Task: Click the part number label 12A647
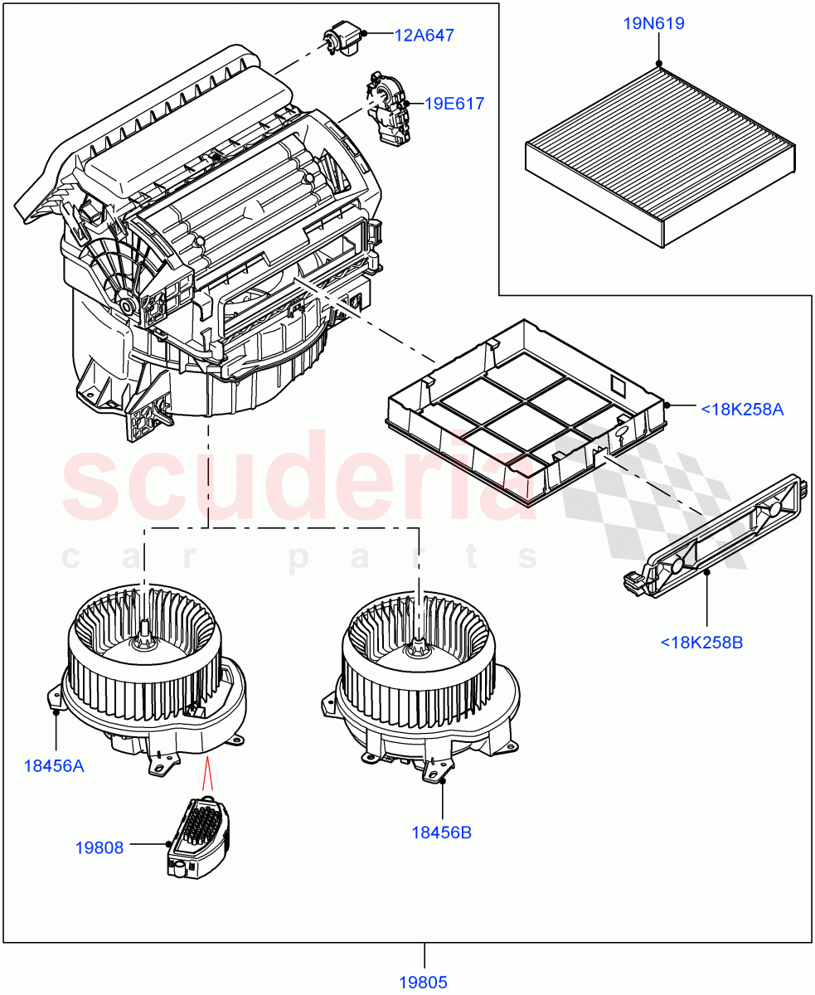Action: tap(424, 35)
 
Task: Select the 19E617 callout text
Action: tap(454, 104)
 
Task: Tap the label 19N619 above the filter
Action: tap(653, 23)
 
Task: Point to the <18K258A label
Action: tap(742, 408)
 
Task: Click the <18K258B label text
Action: tap(701, 641)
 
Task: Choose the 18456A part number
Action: tap(53, 765)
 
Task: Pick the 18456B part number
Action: tap(441, 832)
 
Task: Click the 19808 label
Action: tap(99, 847)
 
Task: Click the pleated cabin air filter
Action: tap(660, 155)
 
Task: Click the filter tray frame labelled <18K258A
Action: tap(526, 410)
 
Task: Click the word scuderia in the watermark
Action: tap(298, 481)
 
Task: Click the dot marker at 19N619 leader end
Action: tap(658, 62)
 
